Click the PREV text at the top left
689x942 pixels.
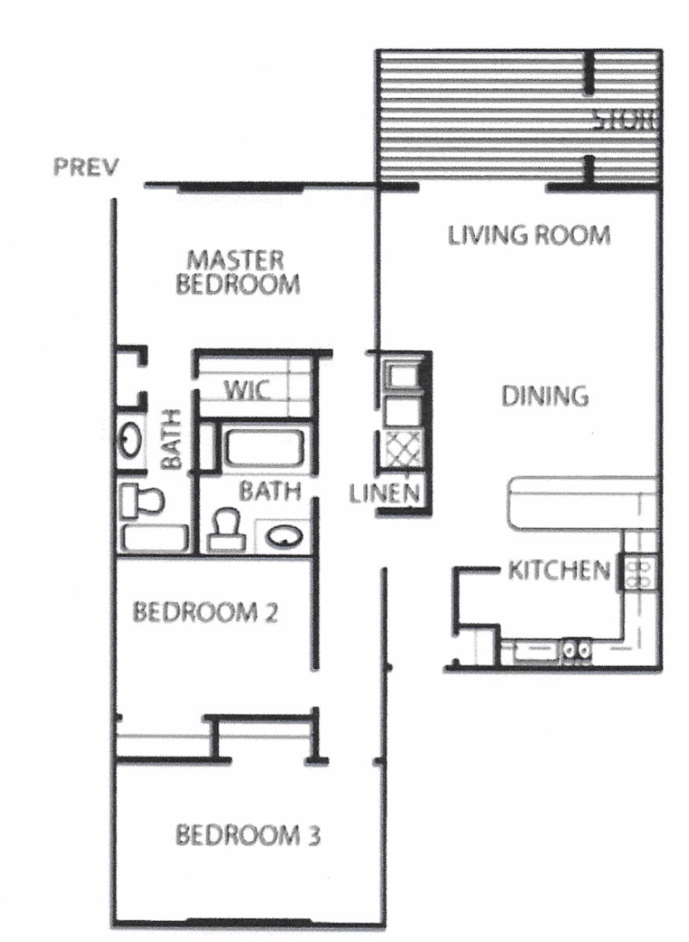coord(84,168)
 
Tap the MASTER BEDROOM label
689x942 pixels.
coord(237,272)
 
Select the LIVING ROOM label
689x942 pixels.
coord(528,235)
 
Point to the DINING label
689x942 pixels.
coord(545,395)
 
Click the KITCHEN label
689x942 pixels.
coord(559,570)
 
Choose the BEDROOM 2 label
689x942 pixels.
coord(205,612)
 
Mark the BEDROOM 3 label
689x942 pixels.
coord(248,835)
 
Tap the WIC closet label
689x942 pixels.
coord(247,390)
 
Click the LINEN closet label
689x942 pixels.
coord(385,494)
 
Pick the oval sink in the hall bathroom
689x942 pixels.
coord(284,537)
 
